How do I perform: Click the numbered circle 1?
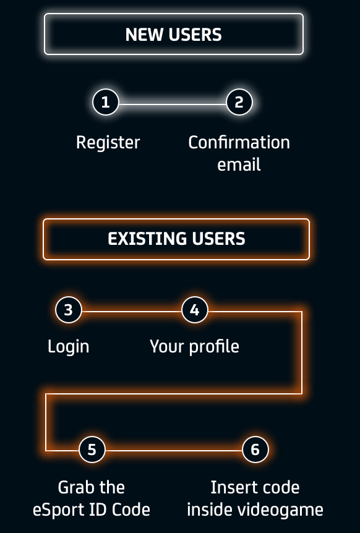(x=105, y=102)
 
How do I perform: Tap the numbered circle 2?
(x=239, y=102)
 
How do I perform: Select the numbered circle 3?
(x=68, y=310)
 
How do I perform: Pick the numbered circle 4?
(x=195, y=310)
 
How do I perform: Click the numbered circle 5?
(x=92, y=450)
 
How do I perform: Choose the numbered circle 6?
(x=255, y=450)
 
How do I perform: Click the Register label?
(x=108, y=143)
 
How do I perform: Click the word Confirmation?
(x=239, y=142)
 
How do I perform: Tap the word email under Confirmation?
(x=239, y=164)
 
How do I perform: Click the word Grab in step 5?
(x=72, y=487)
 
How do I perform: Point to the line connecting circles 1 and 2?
(x=173, y=104)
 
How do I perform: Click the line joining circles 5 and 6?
(x=174, y=451)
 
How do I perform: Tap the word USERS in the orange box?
(x=218, y=239)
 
